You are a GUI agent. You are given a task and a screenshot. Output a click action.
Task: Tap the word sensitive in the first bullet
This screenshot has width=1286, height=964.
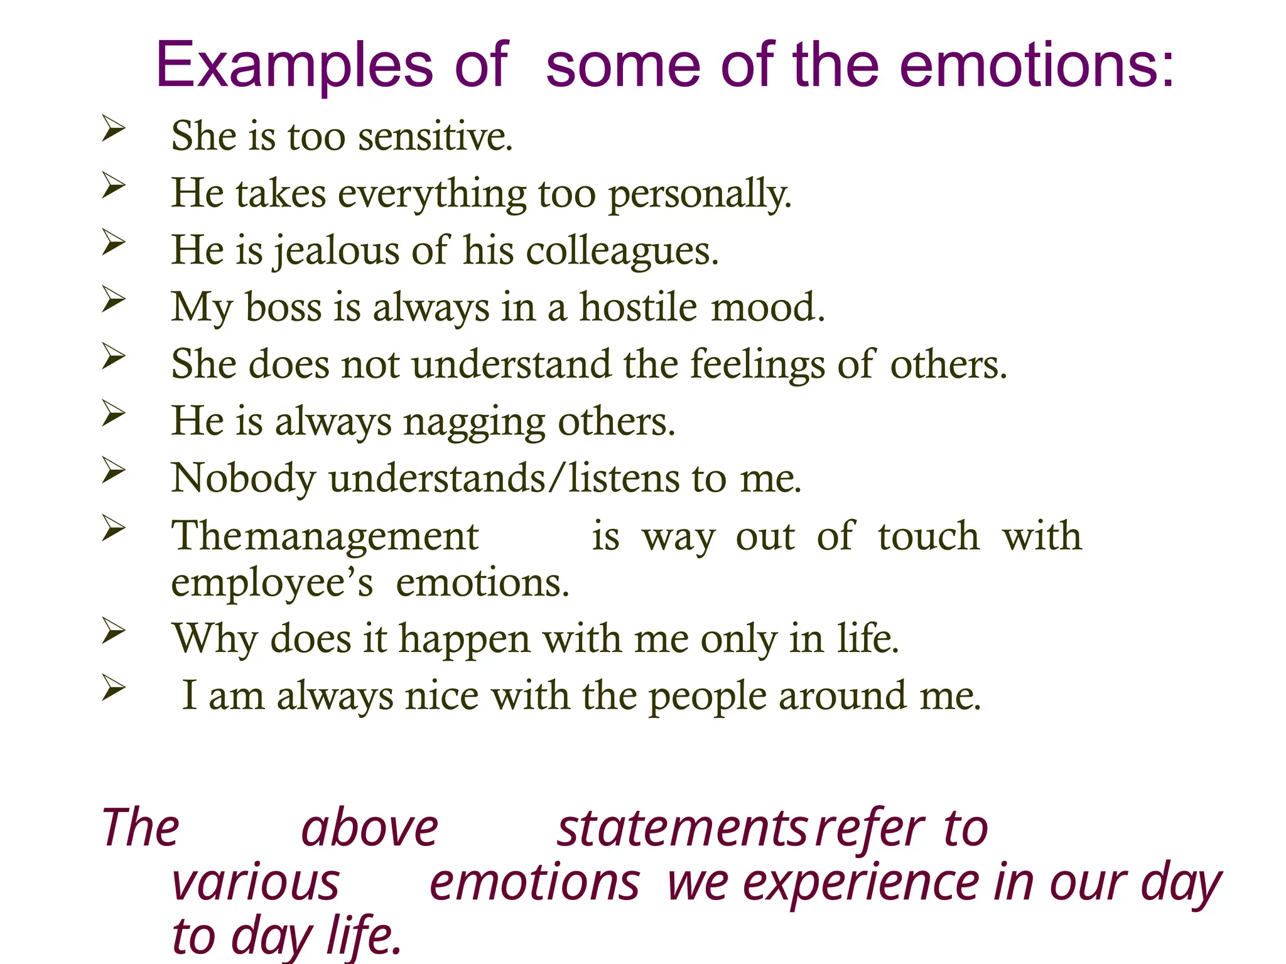435,136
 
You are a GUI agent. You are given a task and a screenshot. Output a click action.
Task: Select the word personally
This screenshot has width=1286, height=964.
700,194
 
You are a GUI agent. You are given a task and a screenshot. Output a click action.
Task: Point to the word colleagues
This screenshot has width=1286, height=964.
622,251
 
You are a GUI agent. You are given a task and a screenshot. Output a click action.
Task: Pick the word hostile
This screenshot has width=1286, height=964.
638,308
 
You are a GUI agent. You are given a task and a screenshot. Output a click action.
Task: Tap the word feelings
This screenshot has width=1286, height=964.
757,365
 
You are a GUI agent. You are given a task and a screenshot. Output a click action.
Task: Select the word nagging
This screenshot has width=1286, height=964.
474,422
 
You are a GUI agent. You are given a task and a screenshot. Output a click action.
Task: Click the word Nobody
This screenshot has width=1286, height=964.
244,478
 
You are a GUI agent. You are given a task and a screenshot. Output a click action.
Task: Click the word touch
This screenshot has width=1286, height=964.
929,537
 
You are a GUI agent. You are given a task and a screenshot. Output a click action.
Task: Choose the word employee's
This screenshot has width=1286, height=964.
272,584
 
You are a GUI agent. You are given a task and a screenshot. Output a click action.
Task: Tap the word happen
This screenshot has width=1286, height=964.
465,640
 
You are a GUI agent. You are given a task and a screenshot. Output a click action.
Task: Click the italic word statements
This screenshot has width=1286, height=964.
682,828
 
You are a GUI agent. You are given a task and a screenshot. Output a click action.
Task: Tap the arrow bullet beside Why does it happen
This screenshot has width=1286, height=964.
114,631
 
